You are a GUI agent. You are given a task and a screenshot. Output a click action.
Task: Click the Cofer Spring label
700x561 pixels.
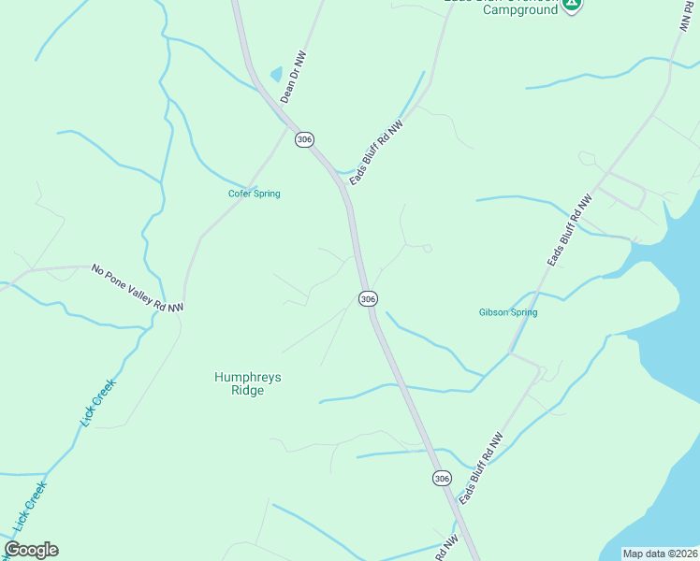coord(255,194)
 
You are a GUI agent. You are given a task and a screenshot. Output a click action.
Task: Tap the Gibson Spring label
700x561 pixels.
coord(508,312)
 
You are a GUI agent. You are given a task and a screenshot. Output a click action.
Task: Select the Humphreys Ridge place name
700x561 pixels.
coord(248,383)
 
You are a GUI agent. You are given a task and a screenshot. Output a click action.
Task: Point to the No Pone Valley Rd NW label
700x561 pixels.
coord(138,288)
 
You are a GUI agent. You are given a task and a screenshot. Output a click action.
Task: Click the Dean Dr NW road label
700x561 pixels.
coord(293,78)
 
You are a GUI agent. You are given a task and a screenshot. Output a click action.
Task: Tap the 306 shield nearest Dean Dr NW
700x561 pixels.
coord(303,139)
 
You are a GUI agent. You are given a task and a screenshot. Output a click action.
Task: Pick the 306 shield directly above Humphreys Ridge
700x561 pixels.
coord(368,298)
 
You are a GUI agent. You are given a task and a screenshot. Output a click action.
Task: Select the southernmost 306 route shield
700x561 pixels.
coord(442,478)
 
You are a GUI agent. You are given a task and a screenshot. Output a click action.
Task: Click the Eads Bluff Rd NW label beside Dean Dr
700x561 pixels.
coord(375,151)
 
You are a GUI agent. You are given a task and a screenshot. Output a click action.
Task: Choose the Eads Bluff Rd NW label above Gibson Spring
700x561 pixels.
coord(570,231)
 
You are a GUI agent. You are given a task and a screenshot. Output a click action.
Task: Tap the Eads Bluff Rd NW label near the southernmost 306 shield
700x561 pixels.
coord(481,468)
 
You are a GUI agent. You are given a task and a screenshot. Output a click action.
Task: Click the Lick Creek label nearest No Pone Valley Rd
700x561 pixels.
coord(97,403)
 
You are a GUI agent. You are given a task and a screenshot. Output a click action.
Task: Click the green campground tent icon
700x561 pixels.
coord(572,4)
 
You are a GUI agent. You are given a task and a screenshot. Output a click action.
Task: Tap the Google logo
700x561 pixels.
coord(31,550)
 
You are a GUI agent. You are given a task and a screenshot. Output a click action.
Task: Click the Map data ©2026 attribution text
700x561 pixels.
coord(660,554)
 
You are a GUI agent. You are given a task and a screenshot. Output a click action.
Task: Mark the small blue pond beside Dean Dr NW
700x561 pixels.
coord(276,73)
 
